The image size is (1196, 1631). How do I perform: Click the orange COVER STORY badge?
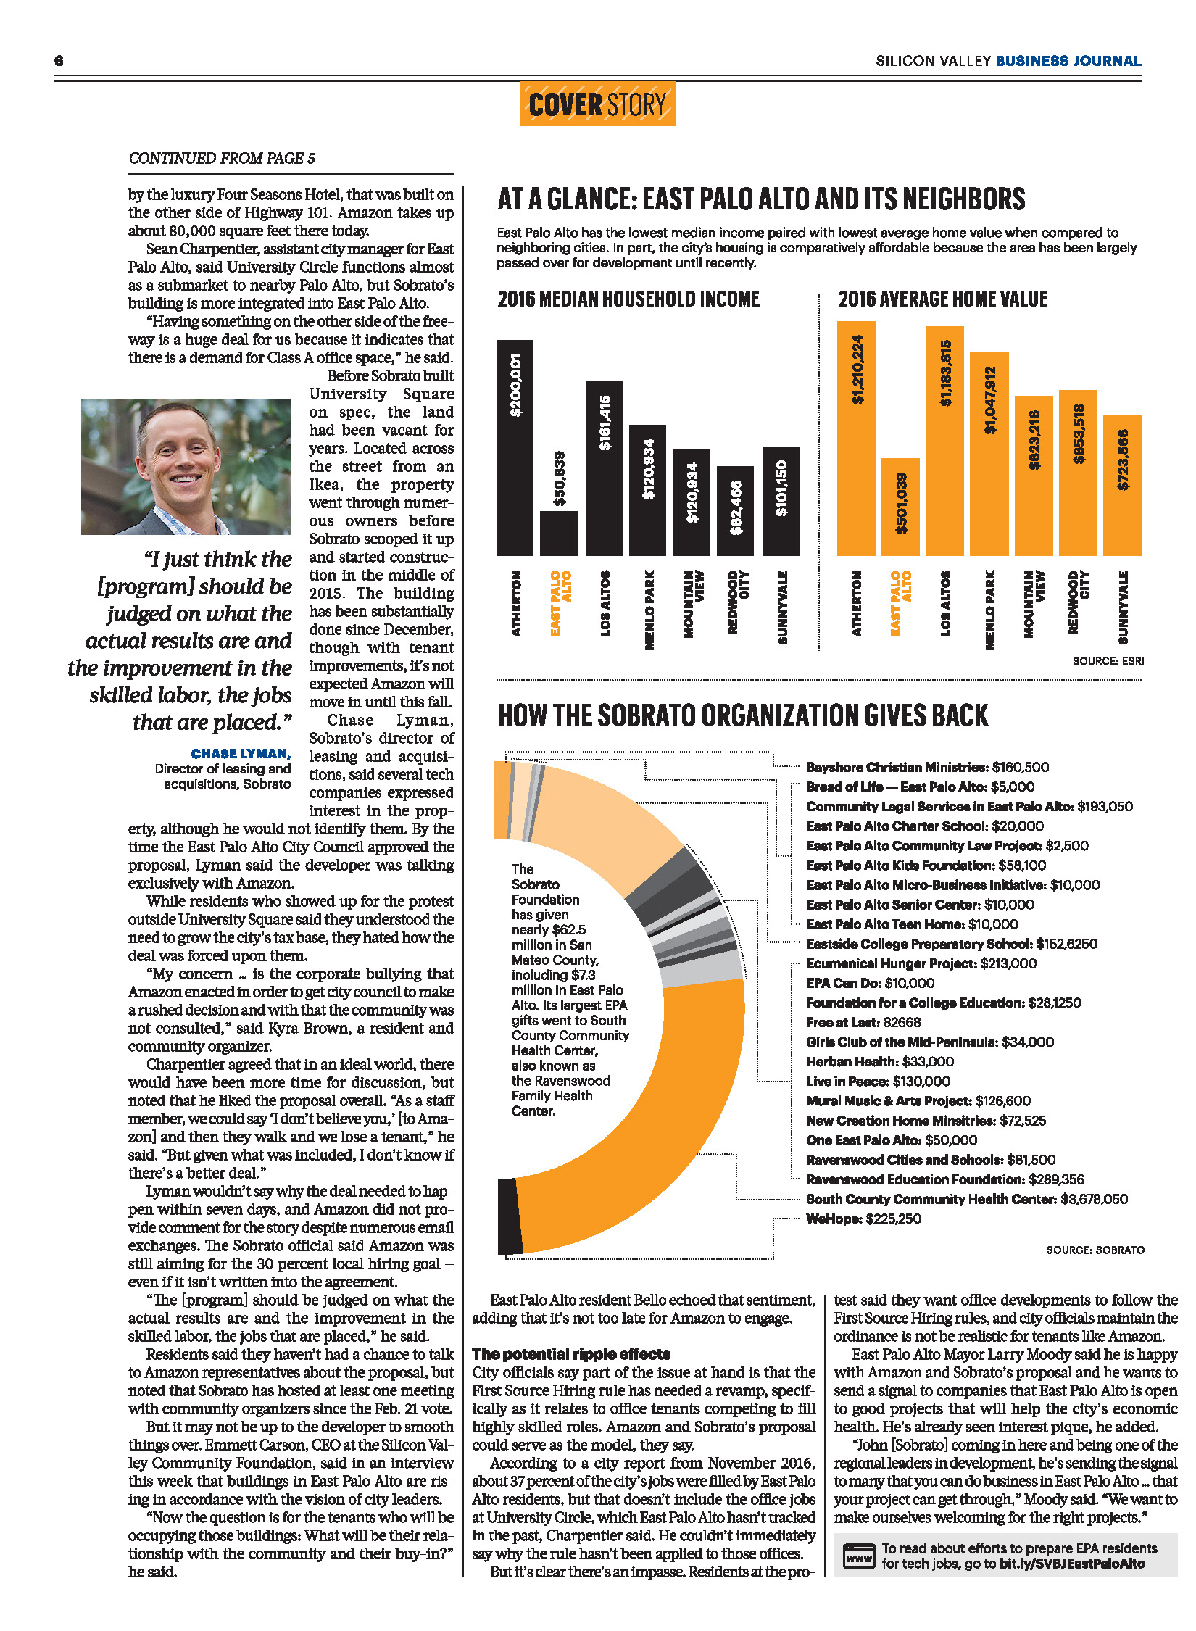pyautogui.click(x=597, y=104)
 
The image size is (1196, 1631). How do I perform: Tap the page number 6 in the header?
pyautogui.click(x=59, y=61)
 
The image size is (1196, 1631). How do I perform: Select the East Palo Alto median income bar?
pyautogui.click(x=559, y=532)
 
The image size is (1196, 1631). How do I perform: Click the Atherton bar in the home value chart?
pyautogui.click(x=856, y=438)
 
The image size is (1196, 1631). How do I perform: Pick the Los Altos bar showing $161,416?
pyautogui.click(x=604, y=468)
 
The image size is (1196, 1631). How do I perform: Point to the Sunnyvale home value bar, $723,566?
pyautogui.click(x=1122, y=485)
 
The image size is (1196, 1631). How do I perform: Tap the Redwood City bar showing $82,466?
pyautogui.click(x=735, y=510)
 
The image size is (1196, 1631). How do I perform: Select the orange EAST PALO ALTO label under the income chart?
pyautogui.click(x=560, y=602)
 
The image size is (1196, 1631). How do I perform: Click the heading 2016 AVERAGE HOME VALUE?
pyautogui.click(x=942, y=299)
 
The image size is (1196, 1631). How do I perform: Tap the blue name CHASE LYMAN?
pyautogui.click(x=241, y=754)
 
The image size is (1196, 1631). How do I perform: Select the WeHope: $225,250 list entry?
pyautogui.click(x=863, y=1219)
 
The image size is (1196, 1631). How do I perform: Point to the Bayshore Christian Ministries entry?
pyautogui.click(x=927, y=767)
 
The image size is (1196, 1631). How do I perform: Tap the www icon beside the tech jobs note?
pyautogui.click(x=859, y=1556)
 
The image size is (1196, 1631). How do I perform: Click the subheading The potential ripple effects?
pyautogui.click(x=571, y=1353)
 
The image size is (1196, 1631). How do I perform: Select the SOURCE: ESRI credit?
pyautogui.click(x=1108, y=661)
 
